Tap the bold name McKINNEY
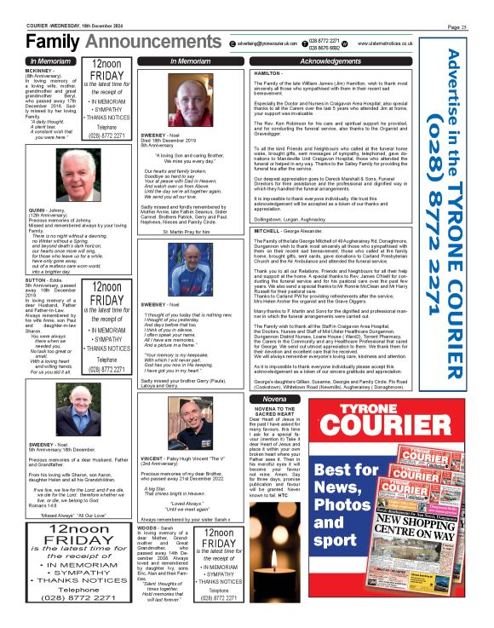coord(43,72)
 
